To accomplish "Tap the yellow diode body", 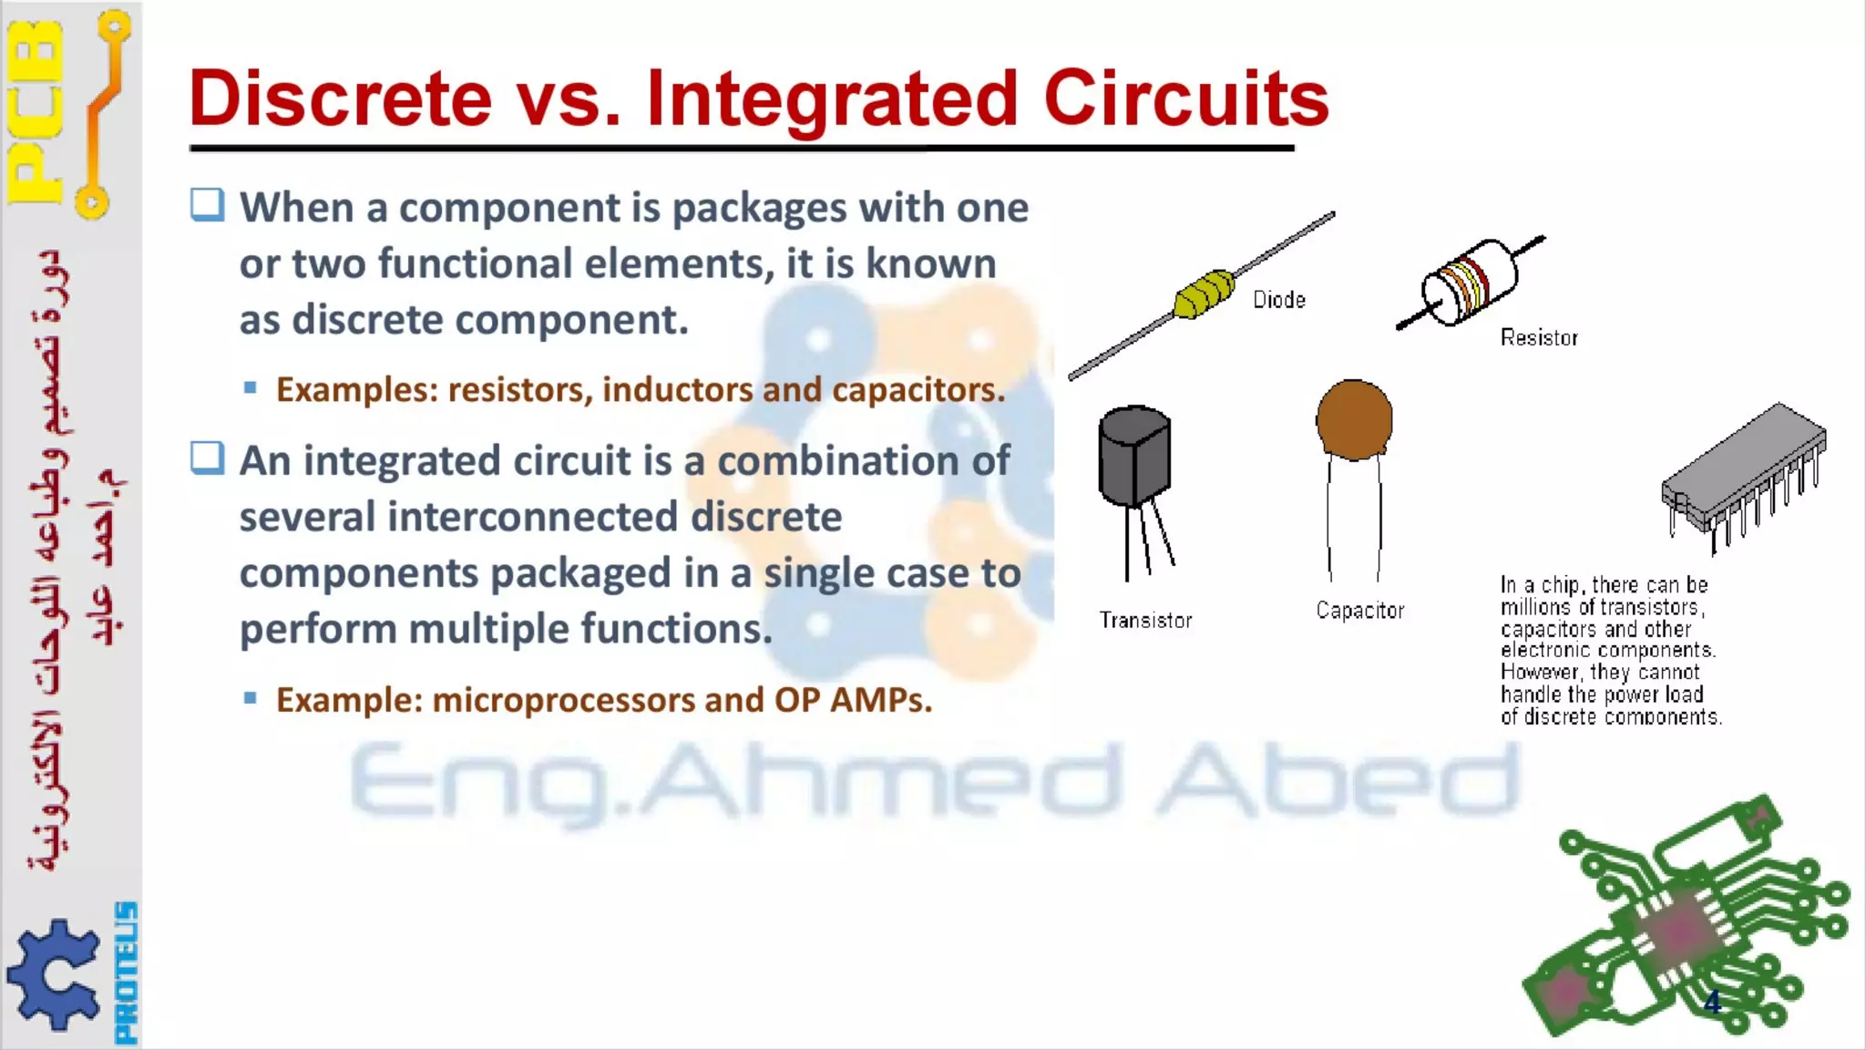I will (1203, 294).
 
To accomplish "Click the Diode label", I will (1278, 300).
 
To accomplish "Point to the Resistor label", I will (1539, 338).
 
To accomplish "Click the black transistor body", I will (1133, 456).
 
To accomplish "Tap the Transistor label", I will (1145, 621).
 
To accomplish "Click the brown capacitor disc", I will (1354, 419).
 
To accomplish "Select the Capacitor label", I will (1359, 611).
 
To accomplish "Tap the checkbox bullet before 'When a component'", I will (207, 205).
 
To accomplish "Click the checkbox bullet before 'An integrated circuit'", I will (207, 458).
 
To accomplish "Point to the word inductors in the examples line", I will (677, 390).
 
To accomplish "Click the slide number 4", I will (1712, 1003).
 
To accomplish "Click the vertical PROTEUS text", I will (126, 973).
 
